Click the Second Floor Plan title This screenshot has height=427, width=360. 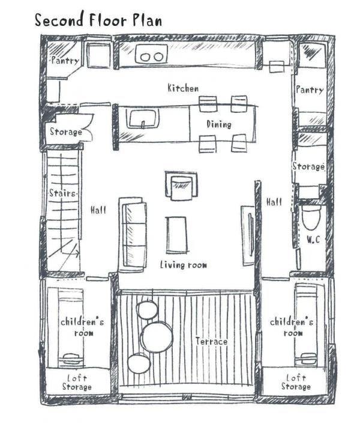pos(98,20)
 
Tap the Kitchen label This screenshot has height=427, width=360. pos(183,88)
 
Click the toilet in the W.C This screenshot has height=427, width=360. pos(311,217)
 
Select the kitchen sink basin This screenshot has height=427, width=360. pos(142,118)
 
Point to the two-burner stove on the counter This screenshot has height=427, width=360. pos(151,54)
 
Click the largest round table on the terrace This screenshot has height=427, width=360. pos(157,337)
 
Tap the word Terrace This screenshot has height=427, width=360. pos(211,341)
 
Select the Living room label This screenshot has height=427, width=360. pos(183,265)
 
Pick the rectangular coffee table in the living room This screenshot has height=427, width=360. pos(176,235)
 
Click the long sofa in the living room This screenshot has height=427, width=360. pos(133,234)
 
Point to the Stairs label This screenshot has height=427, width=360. pos(62,193)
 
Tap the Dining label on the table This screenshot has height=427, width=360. pos(219,124)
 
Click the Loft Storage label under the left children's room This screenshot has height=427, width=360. pos(77,383)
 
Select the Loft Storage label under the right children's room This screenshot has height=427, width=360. pos(296,382)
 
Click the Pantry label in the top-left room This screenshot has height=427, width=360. pos(65,60)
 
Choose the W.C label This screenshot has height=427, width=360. pos(313,240)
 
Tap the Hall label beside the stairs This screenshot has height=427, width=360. pos(98,210)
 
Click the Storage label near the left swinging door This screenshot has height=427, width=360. pos(66,132)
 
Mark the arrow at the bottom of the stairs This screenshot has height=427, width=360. pos(70,254)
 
